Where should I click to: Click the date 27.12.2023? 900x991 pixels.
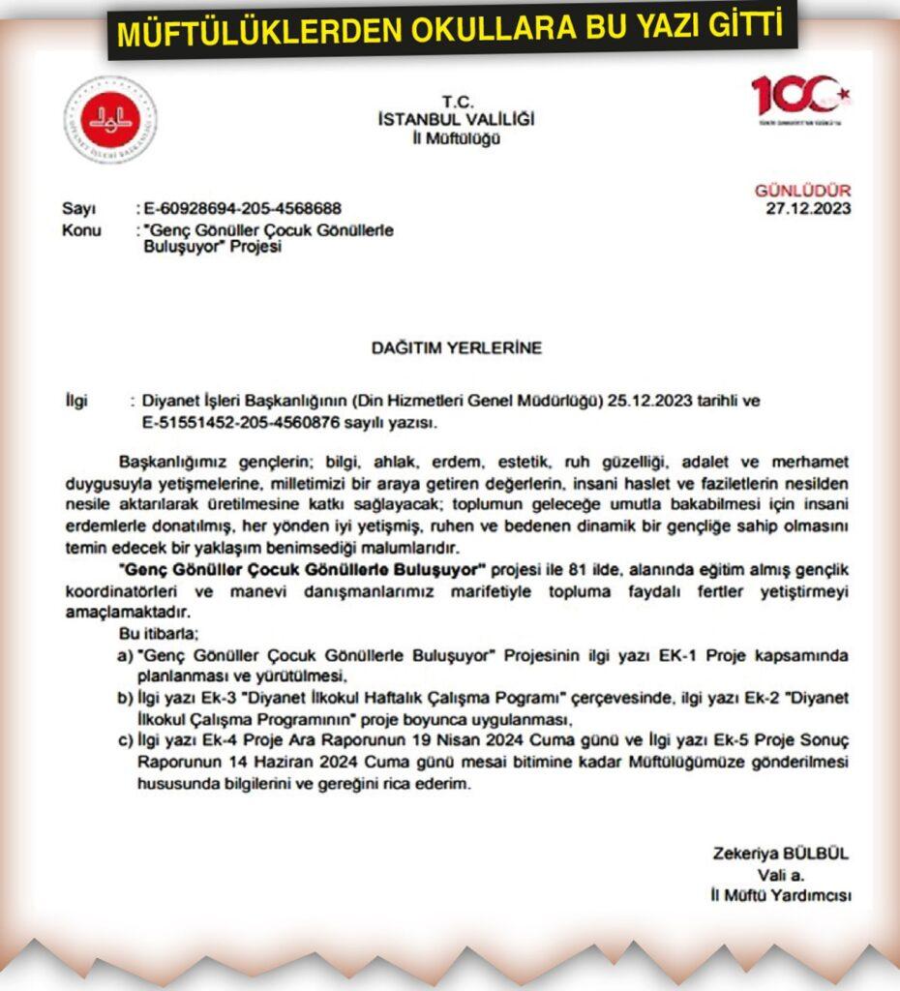tap(809, 209)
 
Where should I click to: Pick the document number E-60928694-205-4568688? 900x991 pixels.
tap(241, 209)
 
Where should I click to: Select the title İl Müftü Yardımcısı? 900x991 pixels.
tap(780, 896)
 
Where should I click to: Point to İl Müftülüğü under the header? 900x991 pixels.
tap(456, 138)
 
